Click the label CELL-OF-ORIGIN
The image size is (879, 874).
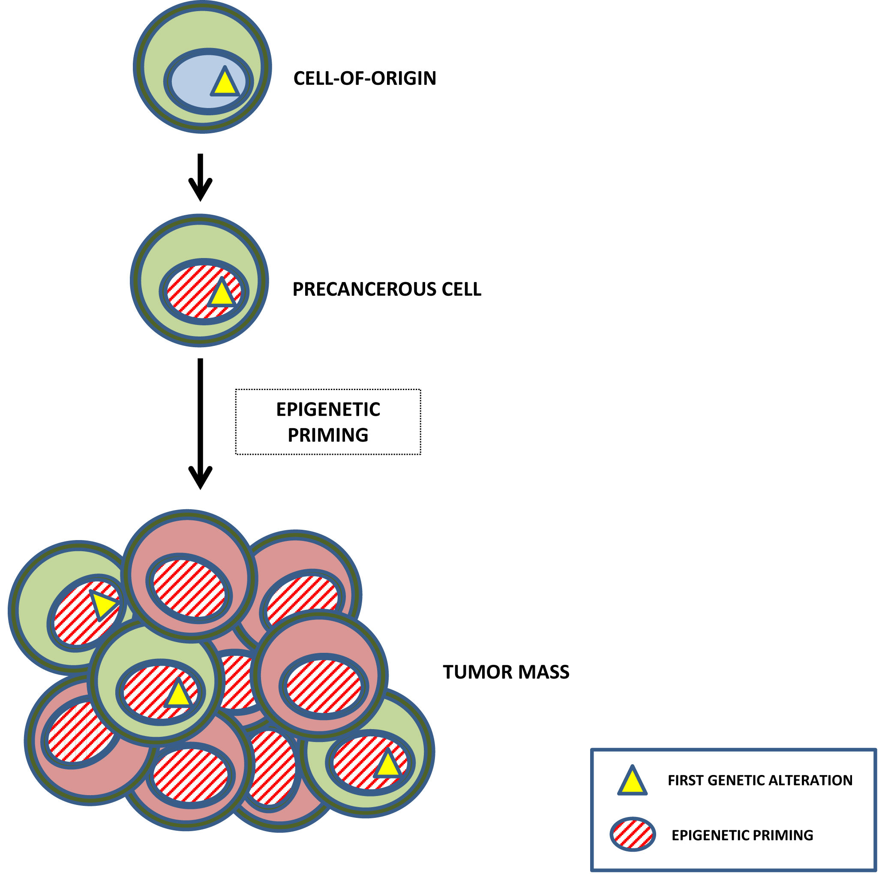click(364, 78)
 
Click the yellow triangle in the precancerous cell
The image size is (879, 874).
click(222, 295)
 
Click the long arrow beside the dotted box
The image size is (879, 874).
click(200, 423)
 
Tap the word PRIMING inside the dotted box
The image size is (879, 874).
click(327, 435)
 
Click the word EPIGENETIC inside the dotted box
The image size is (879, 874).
click(327, 409)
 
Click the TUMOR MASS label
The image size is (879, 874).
click(506, 672)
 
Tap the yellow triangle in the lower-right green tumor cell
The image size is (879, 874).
click(387, 765)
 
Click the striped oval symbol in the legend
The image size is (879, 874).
click(632, 835)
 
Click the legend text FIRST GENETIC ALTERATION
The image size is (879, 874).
click(759, 780)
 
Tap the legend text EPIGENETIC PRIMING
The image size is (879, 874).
click(742, 835)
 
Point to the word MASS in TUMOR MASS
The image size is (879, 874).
click(545, 672)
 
